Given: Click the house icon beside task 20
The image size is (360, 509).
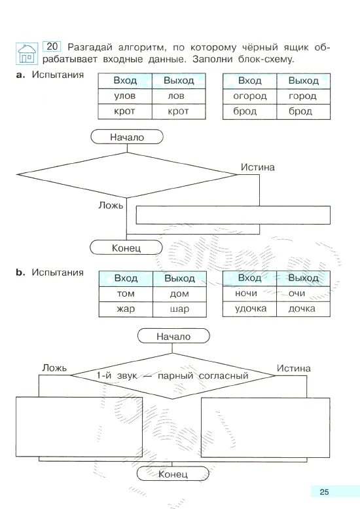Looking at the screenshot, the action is (27, 54).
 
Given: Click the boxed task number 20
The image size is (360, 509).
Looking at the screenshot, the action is (52, 47).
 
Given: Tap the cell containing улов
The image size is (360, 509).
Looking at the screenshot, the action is (125, 96).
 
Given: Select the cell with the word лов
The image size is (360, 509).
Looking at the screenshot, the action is (179, 96).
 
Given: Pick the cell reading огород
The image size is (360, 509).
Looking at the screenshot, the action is (250, 96).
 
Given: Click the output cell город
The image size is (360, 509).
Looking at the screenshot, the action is (303, 96).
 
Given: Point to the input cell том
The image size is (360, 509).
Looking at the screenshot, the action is (126, 293).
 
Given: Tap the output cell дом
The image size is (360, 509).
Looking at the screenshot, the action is (179, 293).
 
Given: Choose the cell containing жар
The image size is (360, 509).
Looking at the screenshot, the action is (126, 309).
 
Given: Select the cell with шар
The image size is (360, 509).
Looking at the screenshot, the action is (179, 309).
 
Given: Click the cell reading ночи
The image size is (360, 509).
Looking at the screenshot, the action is (250, 293).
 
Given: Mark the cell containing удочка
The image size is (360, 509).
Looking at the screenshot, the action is (250, 309).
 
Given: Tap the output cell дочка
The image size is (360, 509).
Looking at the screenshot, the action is (303, 309).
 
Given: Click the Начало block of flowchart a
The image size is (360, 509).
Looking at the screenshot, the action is (127, 137).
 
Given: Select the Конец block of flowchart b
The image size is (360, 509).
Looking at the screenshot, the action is (173, 474).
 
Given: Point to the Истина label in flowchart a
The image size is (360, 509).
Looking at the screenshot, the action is (257, 167).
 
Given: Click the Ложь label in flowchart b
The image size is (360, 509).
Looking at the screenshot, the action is (54, 368).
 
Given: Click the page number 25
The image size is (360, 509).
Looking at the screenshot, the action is (324, 491).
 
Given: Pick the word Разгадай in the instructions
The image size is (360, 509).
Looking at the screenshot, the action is (90, 47).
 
